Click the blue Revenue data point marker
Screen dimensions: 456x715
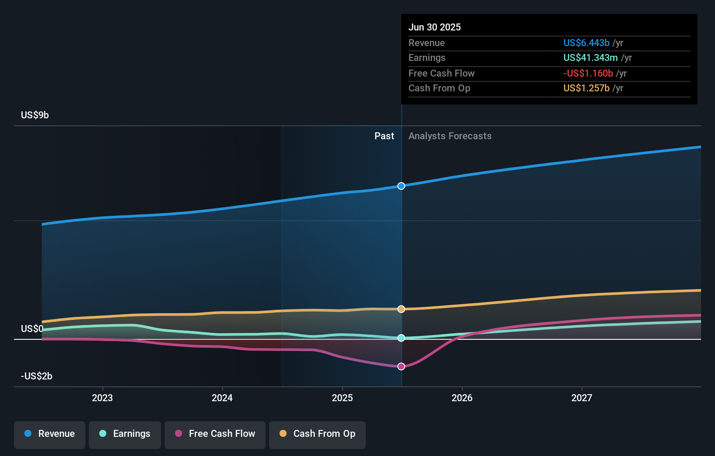point(401,186)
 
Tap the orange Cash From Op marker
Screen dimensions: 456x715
point(401,309)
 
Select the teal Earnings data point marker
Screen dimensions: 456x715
point(401,338)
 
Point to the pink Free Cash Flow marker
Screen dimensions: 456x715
point(401,366)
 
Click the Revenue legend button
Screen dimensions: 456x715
point(50,434)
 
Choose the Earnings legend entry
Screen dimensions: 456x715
point(125,434)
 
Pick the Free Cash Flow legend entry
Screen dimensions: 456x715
point(215,434)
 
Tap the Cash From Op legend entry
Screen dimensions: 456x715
point(317,434)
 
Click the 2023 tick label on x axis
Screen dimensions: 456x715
point(102,398)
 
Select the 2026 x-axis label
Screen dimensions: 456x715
point(462,398)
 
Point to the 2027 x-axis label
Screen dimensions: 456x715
point(582,398)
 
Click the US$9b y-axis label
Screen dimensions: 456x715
point(35,115)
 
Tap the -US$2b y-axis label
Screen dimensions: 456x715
point(37,376)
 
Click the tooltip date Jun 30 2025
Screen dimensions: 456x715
point(435,27)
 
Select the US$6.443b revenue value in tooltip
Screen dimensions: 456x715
point(586,43)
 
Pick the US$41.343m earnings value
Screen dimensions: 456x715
point(590,57)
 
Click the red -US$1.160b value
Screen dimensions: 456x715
point(588,73)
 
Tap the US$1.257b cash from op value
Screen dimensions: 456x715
point(586,88)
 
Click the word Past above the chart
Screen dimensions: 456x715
point(384,136)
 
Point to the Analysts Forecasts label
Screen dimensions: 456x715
point(450,136)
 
